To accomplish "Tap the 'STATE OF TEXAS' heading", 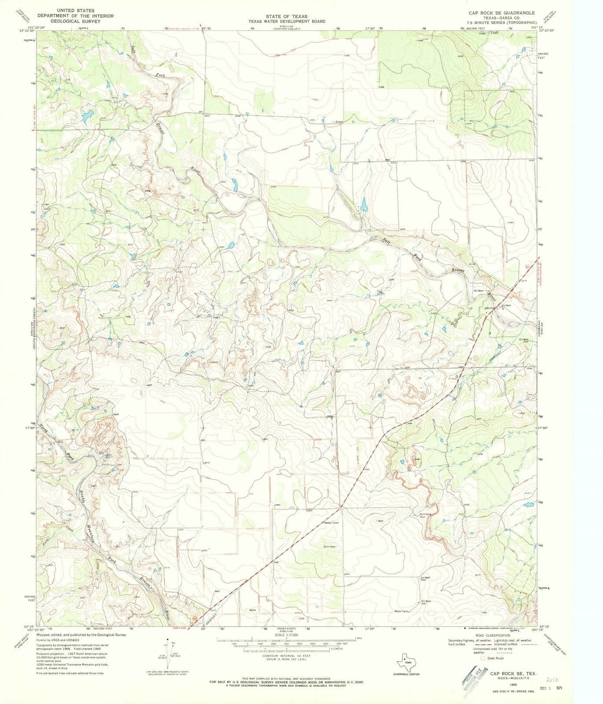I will (286, 16).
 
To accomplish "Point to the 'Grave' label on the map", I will (338, 122).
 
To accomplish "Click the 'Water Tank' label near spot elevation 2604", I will (332, 522).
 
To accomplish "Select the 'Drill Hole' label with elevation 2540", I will (425, 514).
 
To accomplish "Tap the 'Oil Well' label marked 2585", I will (425, 578).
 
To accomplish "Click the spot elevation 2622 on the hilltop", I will (381, 521).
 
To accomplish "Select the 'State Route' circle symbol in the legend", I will (483, 658).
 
